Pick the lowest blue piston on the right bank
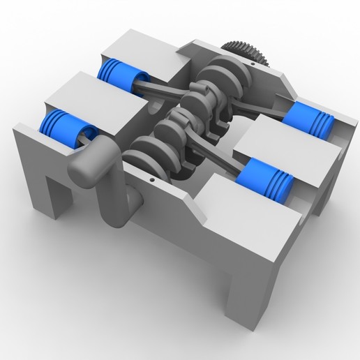click(x=266, y=178)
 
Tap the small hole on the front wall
click(x=151, y=178)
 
